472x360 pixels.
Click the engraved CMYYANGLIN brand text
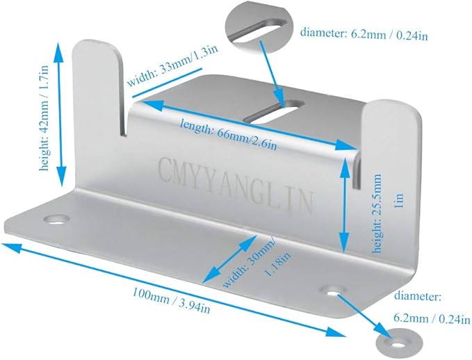tap(235, 184)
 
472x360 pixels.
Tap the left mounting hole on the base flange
tap(56, 219)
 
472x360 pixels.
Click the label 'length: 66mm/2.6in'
tap(228, 134)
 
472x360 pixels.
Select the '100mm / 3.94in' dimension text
tap(171, 300)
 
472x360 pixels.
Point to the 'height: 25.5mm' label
tap(377, 213)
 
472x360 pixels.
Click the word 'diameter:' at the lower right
tap(418, 297)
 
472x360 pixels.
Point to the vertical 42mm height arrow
tap(60, 114)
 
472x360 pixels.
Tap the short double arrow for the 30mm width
tap(229, 259)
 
